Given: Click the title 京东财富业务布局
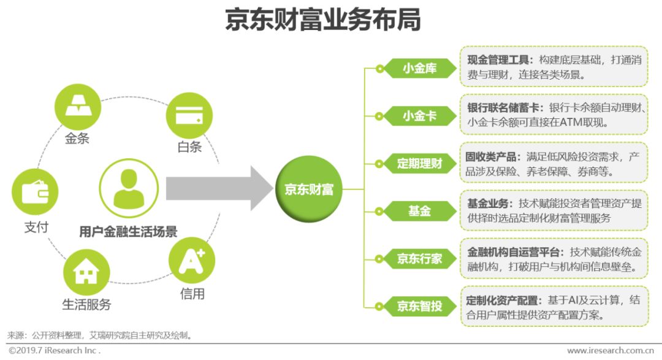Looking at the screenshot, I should (322, 20).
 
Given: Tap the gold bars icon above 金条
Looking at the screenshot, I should (77, 102).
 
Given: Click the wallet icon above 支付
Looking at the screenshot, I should (35, 192).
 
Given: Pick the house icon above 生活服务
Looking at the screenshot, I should (86, 272).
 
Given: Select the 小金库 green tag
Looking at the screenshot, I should (419, 68).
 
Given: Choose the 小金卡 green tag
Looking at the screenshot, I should (419, 115).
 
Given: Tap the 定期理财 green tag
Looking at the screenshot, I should (419, 163).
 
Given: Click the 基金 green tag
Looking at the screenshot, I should (419, 211).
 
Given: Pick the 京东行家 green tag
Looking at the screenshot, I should (419, 258).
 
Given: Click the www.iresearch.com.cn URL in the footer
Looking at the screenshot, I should (611, 351).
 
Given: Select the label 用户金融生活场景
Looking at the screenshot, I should (128, 232).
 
